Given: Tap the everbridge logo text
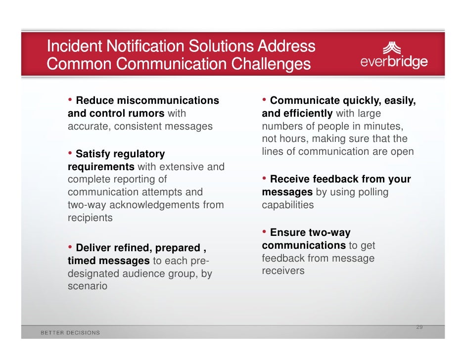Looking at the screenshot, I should pyautogui.click(x=394, y=62).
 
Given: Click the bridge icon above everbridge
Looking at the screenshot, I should pyautogui.click(x=394, y=47).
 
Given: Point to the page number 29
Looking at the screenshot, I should pyautogui.click(x=419, y=327).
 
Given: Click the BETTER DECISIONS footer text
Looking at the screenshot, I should pyautogui.click(x=70, y=333).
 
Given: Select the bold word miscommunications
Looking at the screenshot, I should pyautogui.click(x=168, y=101).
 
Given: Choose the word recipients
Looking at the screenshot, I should pyautogui.click(x=90, y=218).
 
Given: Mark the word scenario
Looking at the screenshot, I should pyautogui.click(x=87, y=286).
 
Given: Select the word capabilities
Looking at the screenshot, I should pyautogui.click(x=287, y=205).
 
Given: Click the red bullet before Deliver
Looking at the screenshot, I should pyautogui.click(x=70, y=247).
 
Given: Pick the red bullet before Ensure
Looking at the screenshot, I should pyautogui.click(x=265, y=232).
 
